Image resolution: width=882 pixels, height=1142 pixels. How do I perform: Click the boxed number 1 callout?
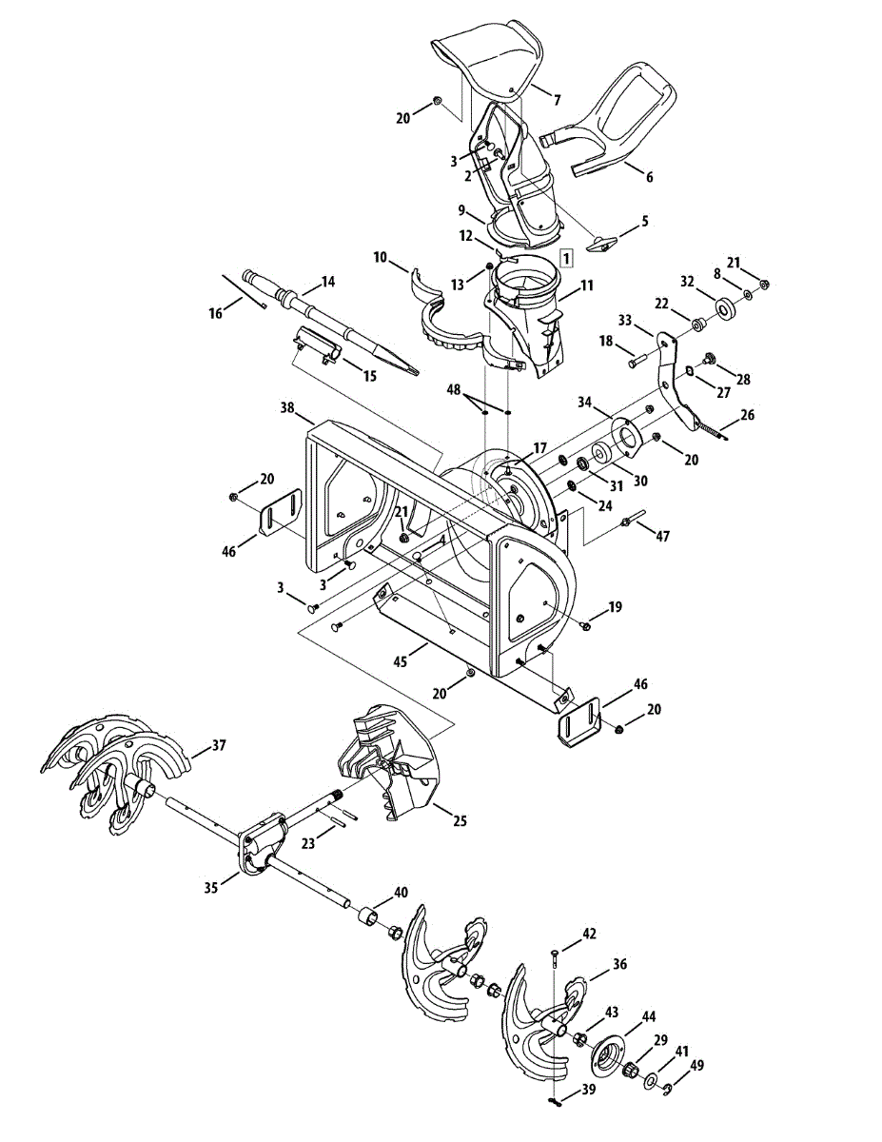click(x=566, y=258)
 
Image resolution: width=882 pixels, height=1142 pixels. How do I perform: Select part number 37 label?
click(x=219, y=746)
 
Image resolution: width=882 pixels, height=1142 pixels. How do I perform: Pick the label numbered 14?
click(x=328, y=282)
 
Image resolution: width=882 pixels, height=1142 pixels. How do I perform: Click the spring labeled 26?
click(x=712, y=429)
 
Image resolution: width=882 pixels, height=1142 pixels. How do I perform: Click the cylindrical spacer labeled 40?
click(x=366, y=916)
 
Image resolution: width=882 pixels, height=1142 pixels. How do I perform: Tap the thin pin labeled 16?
click(x=244, y=290)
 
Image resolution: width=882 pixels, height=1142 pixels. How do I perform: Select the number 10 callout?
click(x=381, y=258)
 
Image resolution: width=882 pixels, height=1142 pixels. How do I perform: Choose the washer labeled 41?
click(x=650, y=1082)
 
